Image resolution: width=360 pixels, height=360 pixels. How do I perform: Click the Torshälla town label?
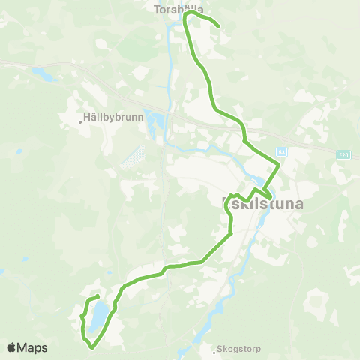tap(173, 10)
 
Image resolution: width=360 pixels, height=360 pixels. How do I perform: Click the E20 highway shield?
tap(343, 154)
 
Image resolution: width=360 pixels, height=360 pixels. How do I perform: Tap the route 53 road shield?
tap(281, 150)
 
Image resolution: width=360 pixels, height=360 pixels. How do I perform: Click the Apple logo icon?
tap(11, 347)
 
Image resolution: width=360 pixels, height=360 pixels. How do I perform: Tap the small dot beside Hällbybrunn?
tap(80, 119)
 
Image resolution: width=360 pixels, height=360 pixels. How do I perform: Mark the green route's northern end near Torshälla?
tap(217, 26)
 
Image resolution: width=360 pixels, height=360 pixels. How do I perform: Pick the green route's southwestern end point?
tap(98, 298)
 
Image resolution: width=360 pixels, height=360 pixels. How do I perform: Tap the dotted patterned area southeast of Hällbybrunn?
tap(133, 158)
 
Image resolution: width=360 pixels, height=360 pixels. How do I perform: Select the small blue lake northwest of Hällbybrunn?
tap(42, 75)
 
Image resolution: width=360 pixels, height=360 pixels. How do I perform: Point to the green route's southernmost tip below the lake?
tap(91, 347)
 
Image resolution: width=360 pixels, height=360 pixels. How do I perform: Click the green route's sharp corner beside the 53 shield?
tap(279, 164)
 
